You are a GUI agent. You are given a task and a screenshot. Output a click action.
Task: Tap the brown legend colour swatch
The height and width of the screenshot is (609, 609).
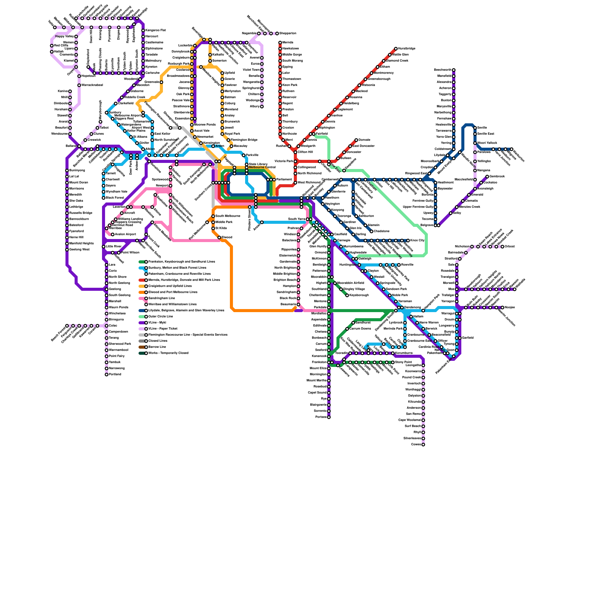[x=142, y=347]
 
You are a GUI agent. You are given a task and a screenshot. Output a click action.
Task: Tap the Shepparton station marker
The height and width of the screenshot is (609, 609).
[x=277, y=33]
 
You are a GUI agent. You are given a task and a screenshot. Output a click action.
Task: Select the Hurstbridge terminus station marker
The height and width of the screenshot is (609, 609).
[x=396, y=49]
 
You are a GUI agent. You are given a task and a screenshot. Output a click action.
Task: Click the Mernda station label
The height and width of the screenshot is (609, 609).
[x=288, y=43]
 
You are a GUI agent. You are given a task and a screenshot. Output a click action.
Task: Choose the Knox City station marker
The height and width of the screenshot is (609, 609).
[x=408, y=241]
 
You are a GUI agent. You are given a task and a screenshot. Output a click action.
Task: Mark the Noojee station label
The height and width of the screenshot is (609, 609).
[x=510, y=307]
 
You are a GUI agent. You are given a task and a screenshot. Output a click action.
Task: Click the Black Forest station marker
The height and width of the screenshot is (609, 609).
[x=104, y=198]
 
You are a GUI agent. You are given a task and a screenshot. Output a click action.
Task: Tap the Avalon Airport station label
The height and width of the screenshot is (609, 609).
[x=125, y=234]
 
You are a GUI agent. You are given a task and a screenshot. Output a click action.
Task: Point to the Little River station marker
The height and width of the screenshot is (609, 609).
[x=104, y=247]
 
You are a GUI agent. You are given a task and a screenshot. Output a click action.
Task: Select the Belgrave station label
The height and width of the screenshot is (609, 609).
[x=427, y=225]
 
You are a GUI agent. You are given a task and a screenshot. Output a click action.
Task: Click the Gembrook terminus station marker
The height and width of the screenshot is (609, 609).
[x=487, y=177]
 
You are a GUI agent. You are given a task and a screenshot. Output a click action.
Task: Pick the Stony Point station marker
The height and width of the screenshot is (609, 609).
[x=393, y=362]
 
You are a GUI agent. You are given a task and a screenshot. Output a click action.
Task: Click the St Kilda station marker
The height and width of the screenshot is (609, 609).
[x=213, y=228]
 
